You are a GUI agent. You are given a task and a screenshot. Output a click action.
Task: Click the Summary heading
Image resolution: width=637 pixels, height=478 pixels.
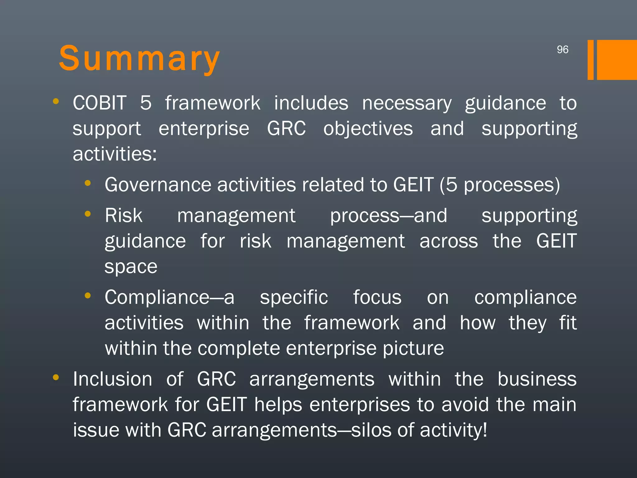[x=139, y=59]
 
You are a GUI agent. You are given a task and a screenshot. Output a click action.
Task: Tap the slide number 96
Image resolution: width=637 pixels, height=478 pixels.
[x=562, y=50]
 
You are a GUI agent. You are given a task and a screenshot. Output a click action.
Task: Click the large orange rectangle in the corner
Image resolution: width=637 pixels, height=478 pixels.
[x=616, y=60]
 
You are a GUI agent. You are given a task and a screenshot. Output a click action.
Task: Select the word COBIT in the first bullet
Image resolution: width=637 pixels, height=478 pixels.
[x=100, y=103]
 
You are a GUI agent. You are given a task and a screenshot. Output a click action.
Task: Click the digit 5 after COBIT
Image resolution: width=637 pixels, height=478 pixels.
[x=146, y=103]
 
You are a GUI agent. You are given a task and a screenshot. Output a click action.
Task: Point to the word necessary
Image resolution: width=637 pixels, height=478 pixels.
[x=407, y=104]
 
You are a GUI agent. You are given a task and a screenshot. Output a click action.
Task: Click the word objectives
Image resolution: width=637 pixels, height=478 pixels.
[x=368, y=129]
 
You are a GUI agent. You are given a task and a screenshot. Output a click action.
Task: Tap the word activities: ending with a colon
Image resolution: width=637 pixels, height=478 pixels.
[x=114, y=154]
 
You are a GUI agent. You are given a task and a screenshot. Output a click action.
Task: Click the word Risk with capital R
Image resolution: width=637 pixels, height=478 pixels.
[x=123, y=215]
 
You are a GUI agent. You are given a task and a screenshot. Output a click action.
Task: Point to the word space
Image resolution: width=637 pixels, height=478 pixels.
[x=131, y=267]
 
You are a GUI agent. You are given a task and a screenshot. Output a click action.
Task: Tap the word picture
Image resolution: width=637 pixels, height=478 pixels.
[x=413, y=349]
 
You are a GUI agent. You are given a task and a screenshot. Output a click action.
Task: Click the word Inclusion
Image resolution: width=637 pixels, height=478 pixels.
[x=112, y=379]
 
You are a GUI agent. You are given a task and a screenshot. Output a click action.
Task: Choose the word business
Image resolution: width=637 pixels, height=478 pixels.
[x=537, y=379]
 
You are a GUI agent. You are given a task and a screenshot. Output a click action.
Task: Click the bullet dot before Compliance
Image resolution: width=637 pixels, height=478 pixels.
[x=88, y=296]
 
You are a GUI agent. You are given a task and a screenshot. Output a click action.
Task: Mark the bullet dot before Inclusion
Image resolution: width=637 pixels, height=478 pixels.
[x=56, y=377]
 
